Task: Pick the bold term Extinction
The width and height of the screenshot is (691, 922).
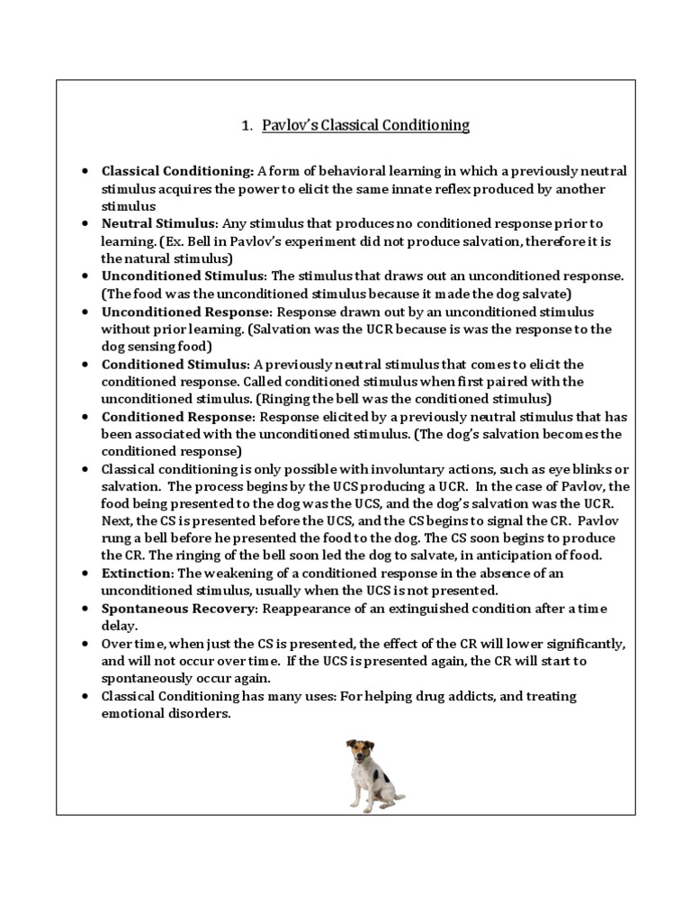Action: (x=138, y=573)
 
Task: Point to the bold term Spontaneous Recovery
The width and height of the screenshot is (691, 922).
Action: (x=180, y=610)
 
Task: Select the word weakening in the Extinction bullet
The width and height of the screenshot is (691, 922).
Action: (x=237, y=573)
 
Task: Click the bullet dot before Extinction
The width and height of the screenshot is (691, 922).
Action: (x=84, y=574)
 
